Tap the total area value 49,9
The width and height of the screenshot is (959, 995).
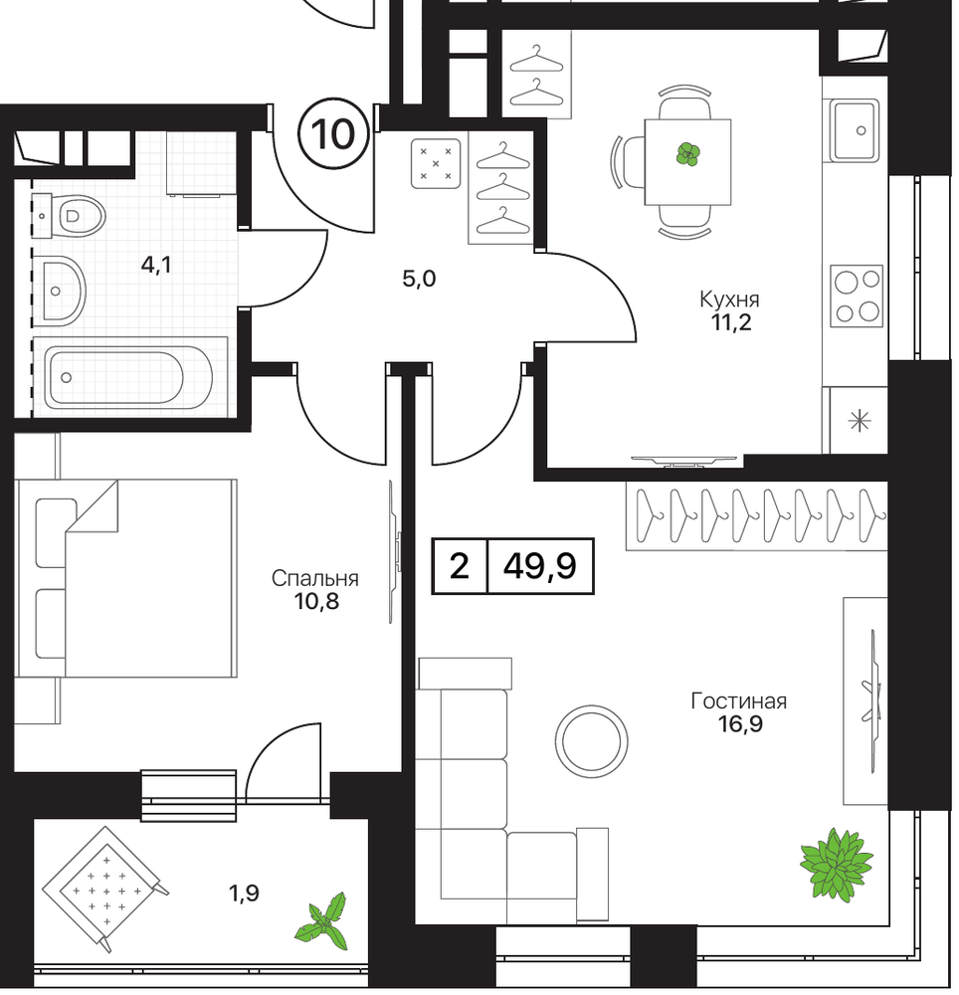[x=540, y=565]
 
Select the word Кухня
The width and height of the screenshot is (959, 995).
[x=729, y=298]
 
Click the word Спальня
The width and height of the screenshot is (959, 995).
[x=314, y=578]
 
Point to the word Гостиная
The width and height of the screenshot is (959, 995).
[x=739, y=701]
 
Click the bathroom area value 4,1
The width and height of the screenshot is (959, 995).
[x=156, y=265]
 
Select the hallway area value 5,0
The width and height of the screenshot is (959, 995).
[x=419, y=278]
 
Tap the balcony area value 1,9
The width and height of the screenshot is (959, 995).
[x=244, y=894]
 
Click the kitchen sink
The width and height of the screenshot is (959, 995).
[x=856, y=130]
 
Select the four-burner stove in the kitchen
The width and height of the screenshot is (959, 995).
[x=858, y=296]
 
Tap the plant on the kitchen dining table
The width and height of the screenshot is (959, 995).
[x=688, y=153]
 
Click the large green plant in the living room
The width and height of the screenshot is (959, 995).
[x=836, y=864]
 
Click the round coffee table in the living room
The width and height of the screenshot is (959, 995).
[x=592, y=740]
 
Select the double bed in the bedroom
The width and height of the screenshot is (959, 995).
[x=127, y=578]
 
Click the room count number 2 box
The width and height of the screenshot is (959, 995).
[x=460, y=565]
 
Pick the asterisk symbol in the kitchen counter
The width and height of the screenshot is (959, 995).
[x=861, y=421]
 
